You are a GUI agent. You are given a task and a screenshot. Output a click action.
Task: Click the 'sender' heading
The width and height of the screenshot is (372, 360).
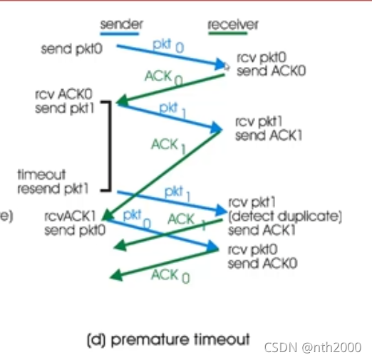(x=121, y=24)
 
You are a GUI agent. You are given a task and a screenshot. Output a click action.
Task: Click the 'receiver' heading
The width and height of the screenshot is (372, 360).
(x=233, y=24)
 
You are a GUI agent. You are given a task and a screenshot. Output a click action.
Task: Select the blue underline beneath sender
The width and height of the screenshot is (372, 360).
(x=120, y=34)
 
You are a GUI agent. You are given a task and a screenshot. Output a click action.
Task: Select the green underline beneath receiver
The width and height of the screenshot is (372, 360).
(x=228, y=34)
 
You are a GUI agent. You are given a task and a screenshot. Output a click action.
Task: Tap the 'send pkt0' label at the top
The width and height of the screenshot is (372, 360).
(x=72, y=49)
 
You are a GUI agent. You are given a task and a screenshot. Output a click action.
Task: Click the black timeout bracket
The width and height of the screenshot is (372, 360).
(x=110, y=146)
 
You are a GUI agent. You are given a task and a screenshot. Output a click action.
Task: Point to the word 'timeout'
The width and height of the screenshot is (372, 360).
(x=41, y=175)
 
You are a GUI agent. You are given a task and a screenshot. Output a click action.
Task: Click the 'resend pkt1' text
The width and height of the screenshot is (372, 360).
(x=53, y=189)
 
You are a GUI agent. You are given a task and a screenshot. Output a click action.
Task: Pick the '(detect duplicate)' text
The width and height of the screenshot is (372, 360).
(x=285, y=217)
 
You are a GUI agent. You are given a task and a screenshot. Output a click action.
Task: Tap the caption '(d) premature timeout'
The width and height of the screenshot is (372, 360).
(x=168, y=339)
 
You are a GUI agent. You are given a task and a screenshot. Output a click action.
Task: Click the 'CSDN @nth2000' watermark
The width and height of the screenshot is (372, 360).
(x=313, y=347)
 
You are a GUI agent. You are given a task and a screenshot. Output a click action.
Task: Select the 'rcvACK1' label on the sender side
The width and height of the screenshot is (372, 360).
(x=70, y=216)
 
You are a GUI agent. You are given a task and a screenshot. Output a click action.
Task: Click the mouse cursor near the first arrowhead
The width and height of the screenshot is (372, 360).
(x=227, y=66)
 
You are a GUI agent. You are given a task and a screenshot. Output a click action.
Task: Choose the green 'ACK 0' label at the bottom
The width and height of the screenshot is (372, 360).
(x=170, y=276)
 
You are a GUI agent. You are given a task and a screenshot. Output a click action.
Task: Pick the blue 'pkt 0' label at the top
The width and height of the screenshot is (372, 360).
(x=168, y=46)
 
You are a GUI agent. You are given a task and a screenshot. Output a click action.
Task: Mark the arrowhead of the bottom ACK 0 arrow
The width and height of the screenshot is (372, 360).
(x=116, y=276)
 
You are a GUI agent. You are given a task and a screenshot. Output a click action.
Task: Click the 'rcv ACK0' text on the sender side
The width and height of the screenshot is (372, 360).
(x=63, y=94)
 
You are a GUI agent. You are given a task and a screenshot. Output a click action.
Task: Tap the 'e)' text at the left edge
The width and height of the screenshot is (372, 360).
(x=6, y=216)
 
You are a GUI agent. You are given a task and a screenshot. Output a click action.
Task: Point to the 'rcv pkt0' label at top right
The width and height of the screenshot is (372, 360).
(x=262, y=58)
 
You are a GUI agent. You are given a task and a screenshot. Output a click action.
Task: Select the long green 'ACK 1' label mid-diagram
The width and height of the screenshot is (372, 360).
(x=168, y=145)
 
